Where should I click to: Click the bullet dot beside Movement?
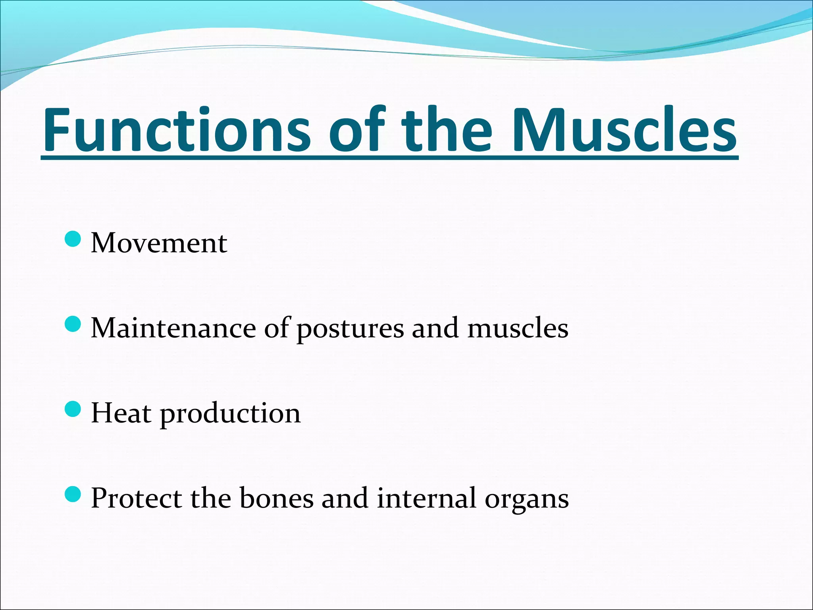pos(73,239)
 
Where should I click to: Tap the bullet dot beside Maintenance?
pos(73,324)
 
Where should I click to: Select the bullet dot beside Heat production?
pos(73,409)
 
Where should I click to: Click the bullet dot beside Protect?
pos(73,494)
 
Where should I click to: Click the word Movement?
pos(159,243)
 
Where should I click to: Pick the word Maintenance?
pos(173,328)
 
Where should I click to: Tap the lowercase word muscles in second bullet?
pos(518,328)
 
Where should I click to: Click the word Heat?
pos(121,413)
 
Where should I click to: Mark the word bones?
pos(276,498)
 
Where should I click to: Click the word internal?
pos(426,498)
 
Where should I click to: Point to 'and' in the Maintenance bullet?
pos(435,328)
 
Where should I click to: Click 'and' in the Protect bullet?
pos(345,498)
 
